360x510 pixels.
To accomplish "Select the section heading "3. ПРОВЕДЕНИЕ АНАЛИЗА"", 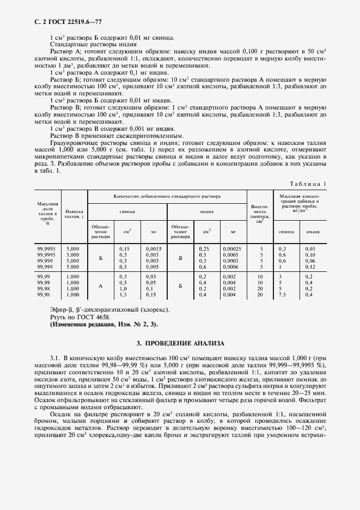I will click(x=180, y=344).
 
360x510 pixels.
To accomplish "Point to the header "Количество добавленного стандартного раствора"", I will click(x=167, y=195).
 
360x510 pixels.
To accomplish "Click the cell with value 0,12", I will click(x=310, y=267).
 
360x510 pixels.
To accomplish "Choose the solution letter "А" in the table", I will click(x=101, y=286).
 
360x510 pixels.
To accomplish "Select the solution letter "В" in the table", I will click(x=180, y=258).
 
